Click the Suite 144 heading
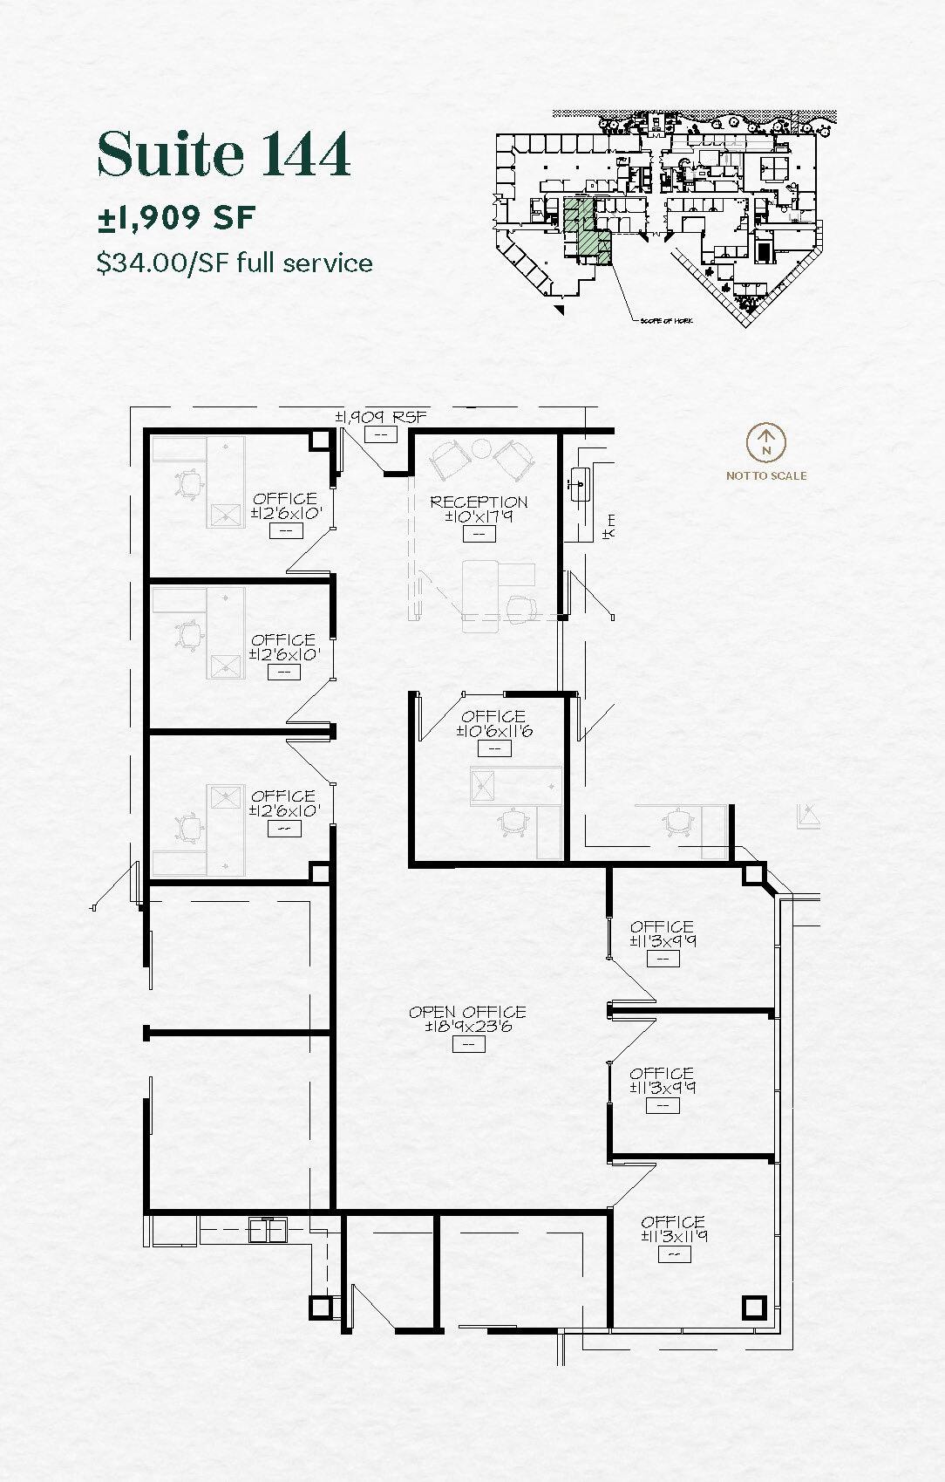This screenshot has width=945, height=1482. [x=223, y=154]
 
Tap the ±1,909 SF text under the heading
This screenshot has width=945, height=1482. [x=176, y=217]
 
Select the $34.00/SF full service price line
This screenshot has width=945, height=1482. [x=235, y=263]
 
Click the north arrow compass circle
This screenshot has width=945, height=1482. [x=765, y=443]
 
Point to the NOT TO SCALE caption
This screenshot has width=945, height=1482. [x=765, y=475]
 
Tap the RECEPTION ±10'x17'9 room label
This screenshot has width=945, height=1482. [x=479, y=509]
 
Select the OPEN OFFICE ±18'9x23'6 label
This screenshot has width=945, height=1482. [x=467, y=1019]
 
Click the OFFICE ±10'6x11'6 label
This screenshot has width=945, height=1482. [x=493, y=723]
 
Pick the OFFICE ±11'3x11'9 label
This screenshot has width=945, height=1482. [x=673, y=1228]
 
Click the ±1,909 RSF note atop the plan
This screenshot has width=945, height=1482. [x=381, y=417]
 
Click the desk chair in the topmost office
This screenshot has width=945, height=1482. [x=189, y=484]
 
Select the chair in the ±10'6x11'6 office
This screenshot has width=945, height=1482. [x=515, y=822]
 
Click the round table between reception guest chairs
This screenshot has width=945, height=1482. [x=481, y=449]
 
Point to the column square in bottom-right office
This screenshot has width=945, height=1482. [x=753, y=1308]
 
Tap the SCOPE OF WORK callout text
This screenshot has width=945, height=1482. [x=666, y=321]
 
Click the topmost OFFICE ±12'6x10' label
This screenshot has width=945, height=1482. [x=285, y=505]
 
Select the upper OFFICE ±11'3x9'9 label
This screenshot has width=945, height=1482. [x=663, y=933]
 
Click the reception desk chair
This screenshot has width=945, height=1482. [x=521, y=609]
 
